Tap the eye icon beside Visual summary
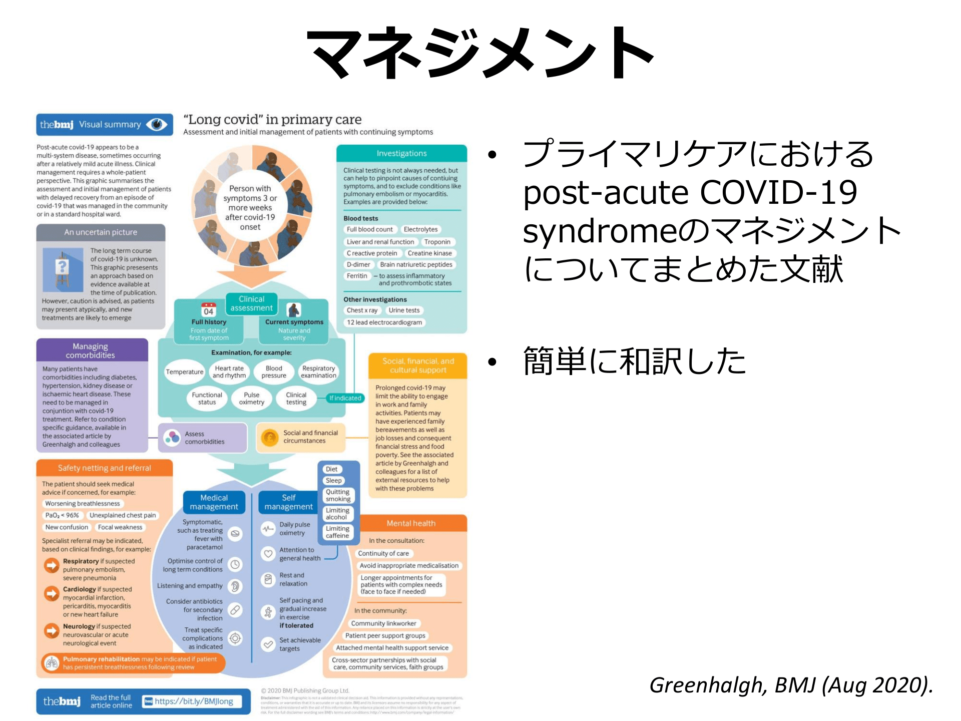coord(157,125)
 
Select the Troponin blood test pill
coord(437,242)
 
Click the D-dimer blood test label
coord(358,264)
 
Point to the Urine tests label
coord(404,310)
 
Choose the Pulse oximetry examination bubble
coord(251,399)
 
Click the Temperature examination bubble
coord(185,372)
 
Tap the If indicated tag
coord(345,398)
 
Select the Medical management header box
coord(214,502)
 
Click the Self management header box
coord(288,502)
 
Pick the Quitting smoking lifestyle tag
coord(338,495)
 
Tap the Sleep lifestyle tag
coord(333,481)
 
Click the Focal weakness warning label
coord(120,527)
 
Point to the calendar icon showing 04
coord(208,309)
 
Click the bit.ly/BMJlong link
coord(193,701)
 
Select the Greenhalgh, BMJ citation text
coord(791,685)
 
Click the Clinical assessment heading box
coord(251,303)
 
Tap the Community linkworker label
coord(383,623)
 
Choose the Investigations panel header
coord(401,153)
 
